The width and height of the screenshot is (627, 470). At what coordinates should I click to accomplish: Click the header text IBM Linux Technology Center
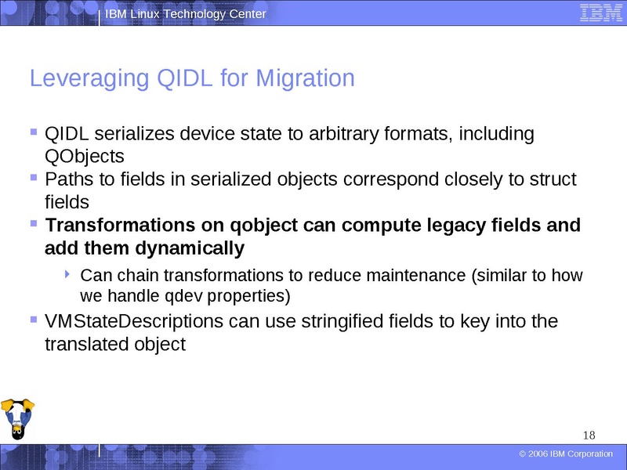tap(186, 14)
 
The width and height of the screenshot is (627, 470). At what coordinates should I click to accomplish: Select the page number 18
tap(590, 436)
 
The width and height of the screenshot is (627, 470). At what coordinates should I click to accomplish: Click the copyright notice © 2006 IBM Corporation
tap(566, 454)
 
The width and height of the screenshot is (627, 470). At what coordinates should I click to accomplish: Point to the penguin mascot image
tap(16, 421)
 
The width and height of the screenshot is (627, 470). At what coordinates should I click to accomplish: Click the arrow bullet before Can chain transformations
tap(68, 275)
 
